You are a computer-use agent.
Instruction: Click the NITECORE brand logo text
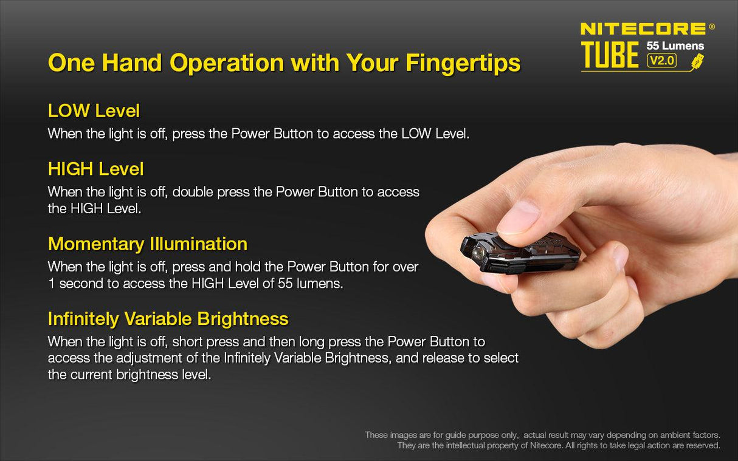pyautogui.click(x=643, y=28)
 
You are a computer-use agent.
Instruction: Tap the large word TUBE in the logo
pyautogui.click(x=610, y=55)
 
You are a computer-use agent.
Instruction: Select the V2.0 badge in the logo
pyautogui.click(x=662, y=60)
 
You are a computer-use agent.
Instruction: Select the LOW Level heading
pyautogui.click(x=94, y=111)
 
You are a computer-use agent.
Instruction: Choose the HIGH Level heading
pyautogui.click(x=95, y=168)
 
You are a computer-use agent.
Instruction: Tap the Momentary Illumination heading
pyautogui.click(x=147, y=244)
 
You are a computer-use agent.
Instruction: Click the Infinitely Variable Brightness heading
pyautogui.click(x=168, y=318)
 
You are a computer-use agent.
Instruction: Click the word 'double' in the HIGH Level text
pyautogui.click(x=193, y=192)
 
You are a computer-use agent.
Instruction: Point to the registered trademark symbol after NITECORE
pyautogui.click(x=712, y=26)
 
